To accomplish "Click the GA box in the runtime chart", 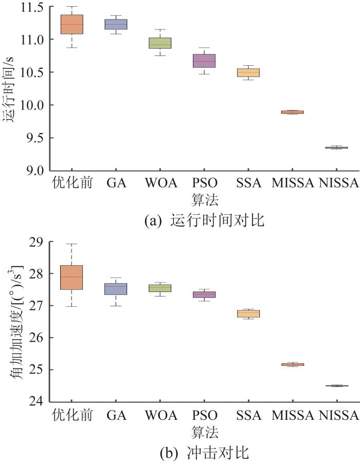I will [x=116, y=24].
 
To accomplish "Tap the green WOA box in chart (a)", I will [x=160, y=43].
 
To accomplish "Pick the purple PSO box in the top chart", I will [x=204, y=61].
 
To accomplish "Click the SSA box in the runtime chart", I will [x=248, y=72].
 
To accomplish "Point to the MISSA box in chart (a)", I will [x=292, y=112].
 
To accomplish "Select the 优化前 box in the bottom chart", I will [x=71, y=277].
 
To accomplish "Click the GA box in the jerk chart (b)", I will [x=116, y=289].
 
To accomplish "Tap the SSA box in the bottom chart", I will [x=248, y=313].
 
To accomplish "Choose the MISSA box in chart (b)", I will [x=292, y=364].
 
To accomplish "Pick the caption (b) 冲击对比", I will [x=205, y=453].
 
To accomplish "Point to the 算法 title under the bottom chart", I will [x=205, y=431].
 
